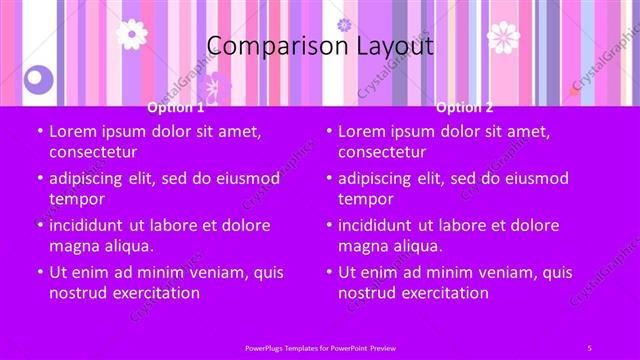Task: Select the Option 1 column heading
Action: pyautogui.click(x=175, y=107)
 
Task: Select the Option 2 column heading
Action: pyautogui.click(x=464, y=107)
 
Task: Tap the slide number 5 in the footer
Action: pyautogui.click(x=589, y=346)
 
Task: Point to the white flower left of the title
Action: pyautogui.click(x=132, y=34)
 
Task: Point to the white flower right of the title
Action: pyautogui.click(x=503, y=38)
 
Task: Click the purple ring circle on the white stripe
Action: pyautogui.click(x=38, y=77)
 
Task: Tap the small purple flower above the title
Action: pyautogui.click(x=344, y=24)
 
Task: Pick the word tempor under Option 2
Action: pyautogui.click(x=365, y=199)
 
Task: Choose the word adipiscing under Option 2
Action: pyautogui.click(x=377, y=178)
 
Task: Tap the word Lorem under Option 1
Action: pyautogui.click(x=72, y=131)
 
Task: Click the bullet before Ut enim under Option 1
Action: pyautogui.click(x=39, y=273)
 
